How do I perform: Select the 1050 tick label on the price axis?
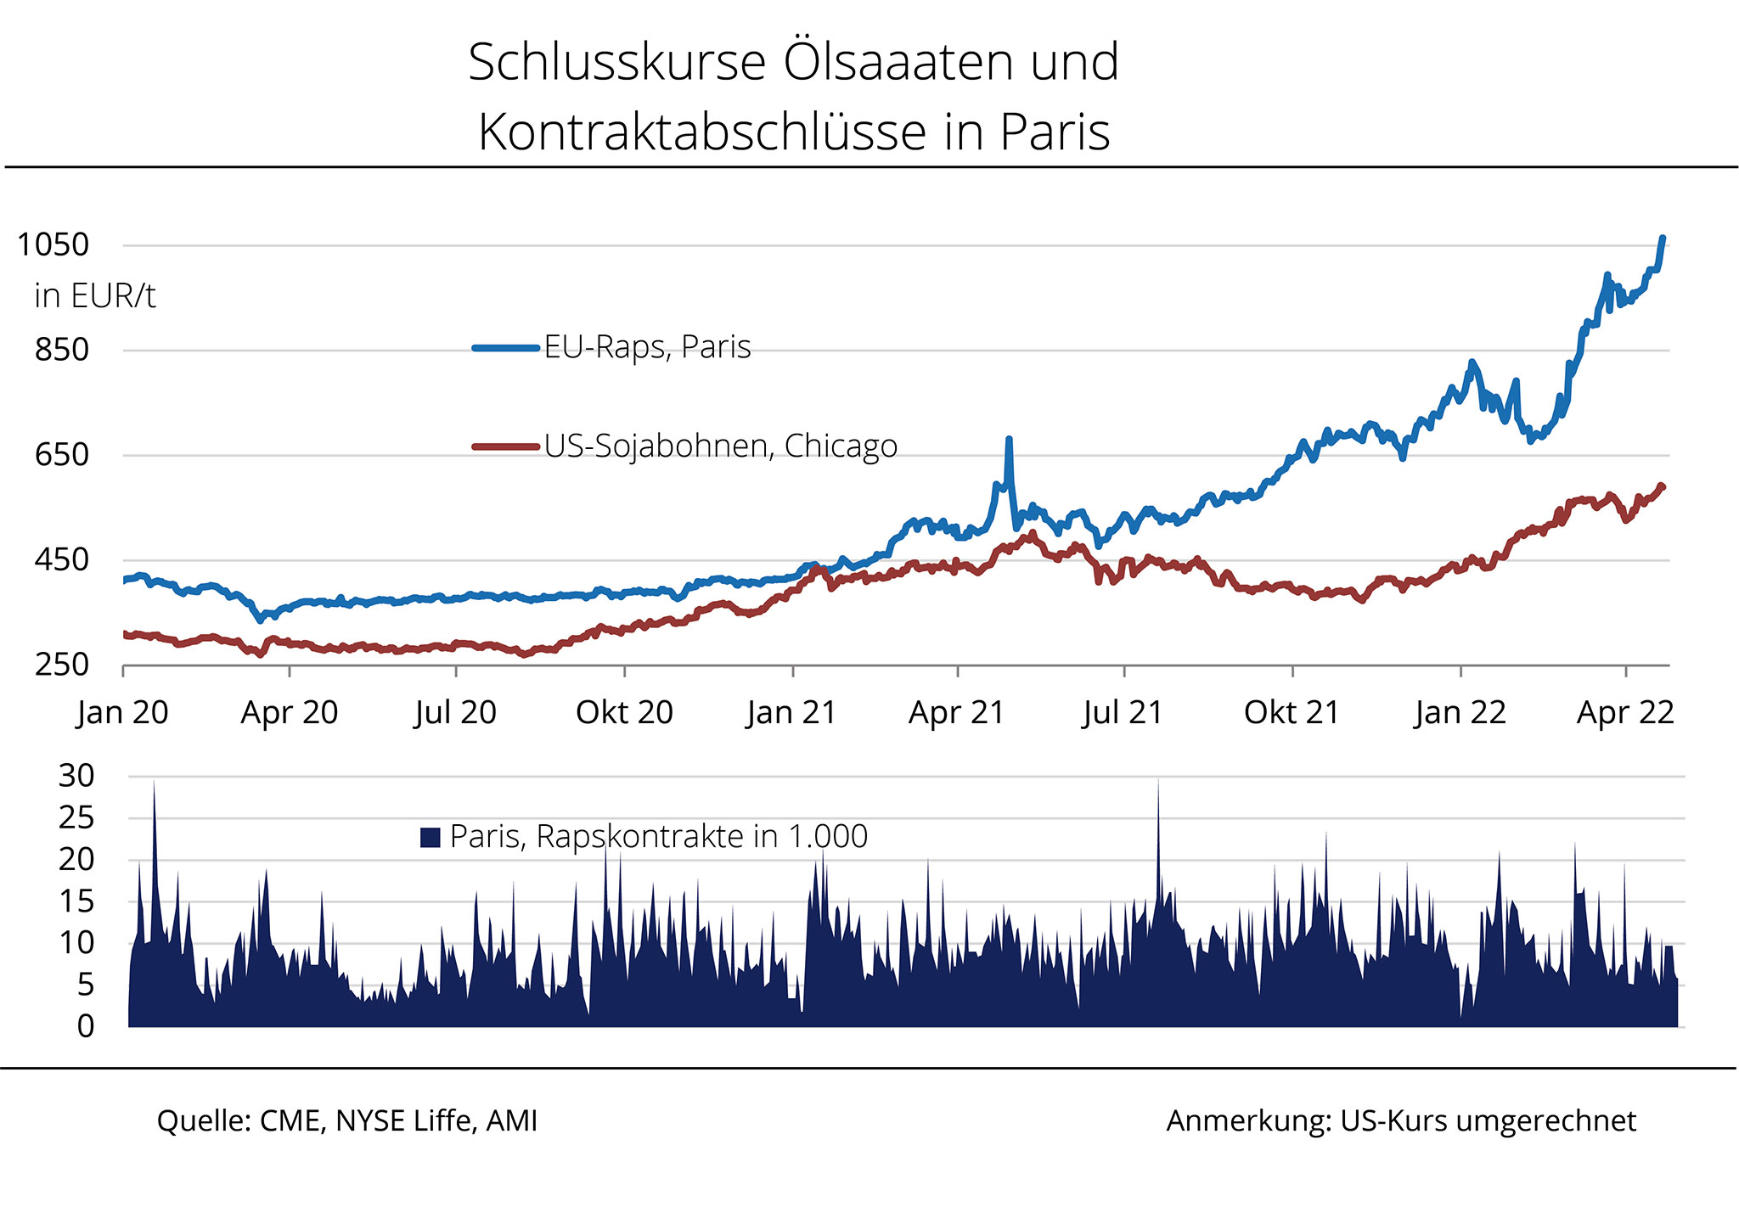53,244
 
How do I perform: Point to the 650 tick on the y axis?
61,455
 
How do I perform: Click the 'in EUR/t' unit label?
94,295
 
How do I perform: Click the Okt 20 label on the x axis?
624,712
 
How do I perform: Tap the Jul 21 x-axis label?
1123,712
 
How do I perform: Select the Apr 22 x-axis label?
1624,712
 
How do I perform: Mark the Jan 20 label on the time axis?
123,712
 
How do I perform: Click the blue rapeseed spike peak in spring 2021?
1009,440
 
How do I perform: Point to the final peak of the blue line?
1662,239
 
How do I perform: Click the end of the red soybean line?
1662,486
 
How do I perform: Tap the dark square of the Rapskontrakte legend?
431,838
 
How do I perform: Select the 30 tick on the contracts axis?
76,775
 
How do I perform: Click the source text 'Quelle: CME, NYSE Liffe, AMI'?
347,1120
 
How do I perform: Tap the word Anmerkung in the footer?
1247,1120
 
